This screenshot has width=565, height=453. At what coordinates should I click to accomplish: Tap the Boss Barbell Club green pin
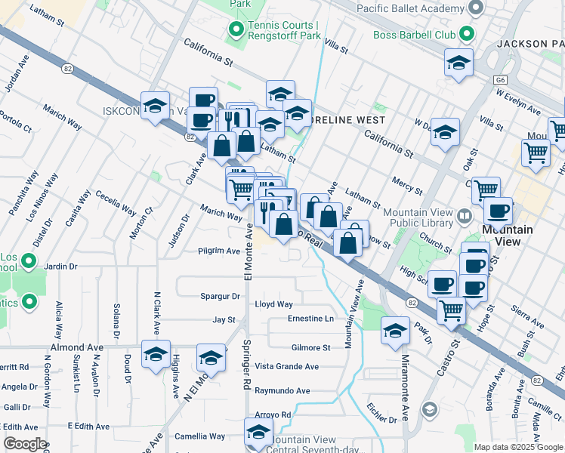pos(467,34)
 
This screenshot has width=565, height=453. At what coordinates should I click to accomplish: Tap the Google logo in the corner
pos(25,444)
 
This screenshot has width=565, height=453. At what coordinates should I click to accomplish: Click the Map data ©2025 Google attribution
pos(517,447)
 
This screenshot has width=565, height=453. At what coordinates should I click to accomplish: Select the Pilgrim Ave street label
pos(218,251)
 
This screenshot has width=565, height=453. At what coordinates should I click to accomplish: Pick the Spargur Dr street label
pos(220,296)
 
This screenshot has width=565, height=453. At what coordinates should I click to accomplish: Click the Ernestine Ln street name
pos(310,319)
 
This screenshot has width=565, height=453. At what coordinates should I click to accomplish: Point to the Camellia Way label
pos(199,436)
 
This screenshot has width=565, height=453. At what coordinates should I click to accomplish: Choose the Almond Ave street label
pos(76,347)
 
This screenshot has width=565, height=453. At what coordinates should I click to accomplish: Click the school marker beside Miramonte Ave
pos(395,331)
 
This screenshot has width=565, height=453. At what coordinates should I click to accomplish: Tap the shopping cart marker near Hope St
pos(451,308)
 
